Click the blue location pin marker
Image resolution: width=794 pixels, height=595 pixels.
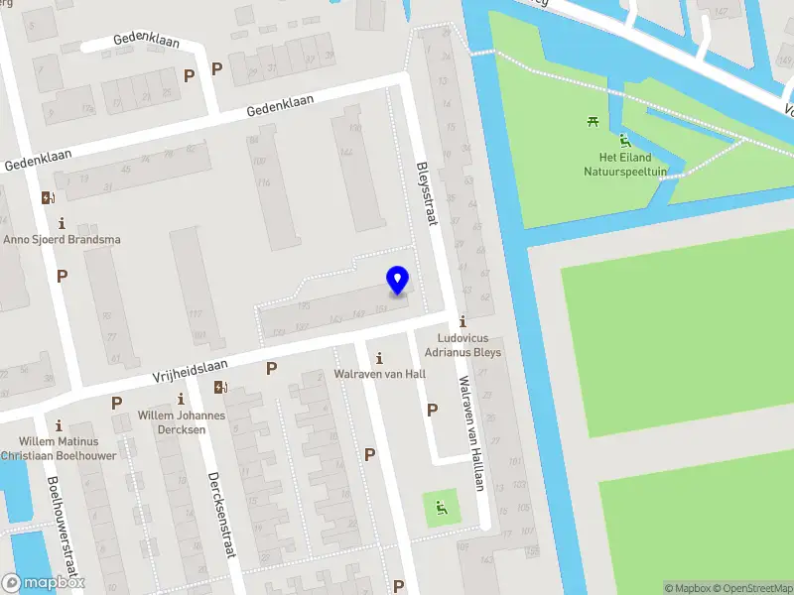397,281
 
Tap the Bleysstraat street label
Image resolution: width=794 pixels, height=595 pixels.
426,193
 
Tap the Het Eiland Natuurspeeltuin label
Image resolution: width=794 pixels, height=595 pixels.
624,164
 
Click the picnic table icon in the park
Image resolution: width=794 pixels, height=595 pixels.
593,121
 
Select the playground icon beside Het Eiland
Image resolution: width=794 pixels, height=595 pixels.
624,140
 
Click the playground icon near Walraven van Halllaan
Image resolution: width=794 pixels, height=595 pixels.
441,510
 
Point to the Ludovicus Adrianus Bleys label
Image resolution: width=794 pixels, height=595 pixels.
463,345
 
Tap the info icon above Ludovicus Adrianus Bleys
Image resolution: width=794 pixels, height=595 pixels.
463,321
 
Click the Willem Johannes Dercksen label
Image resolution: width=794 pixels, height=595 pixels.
181,421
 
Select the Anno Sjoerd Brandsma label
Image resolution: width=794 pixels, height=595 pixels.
63,239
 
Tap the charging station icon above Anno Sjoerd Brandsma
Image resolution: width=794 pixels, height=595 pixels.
47,197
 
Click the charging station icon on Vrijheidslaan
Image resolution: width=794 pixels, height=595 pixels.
219,387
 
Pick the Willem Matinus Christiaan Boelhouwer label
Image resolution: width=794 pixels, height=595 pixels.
59,448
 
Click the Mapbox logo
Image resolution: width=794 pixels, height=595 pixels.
43,583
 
